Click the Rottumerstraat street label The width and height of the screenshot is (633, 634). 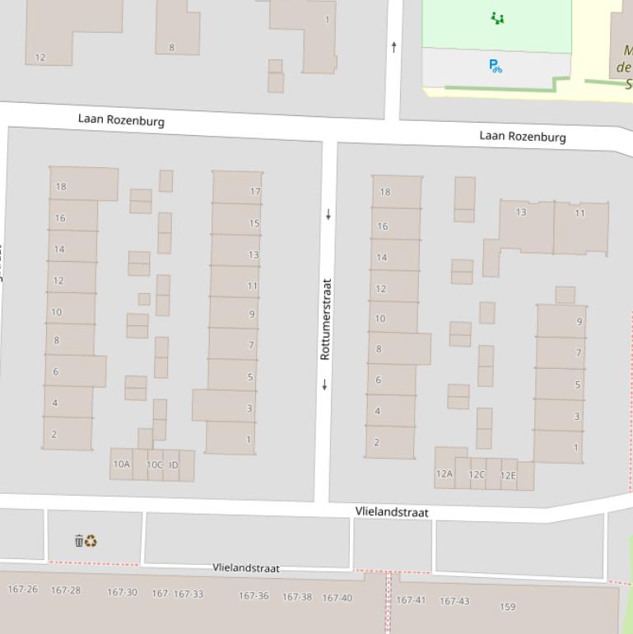pyautogui.click(x=326, y=319)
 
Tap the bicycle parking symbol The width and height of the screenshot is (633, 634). pyautogui.click(x=496, y=66)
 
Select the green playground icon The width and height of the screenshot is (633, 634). pyautogui.click(x=497, y=18)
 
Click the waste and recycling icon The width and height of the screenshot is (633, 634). pyautogui.click(x=86, y=541)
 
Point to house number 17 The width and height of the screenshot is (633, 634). pyautogui.click(x=255, y=192)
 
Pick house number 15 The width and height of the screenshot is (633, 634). pyautogui.click(x=254, y=223)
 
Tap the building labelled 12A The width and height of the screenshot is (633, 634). pyautogui.click(x=444, y=473)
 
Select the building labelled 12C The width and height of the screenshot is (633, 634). pyautogui.click(x=477, y=474)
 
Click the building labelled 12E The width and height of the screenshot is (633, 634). pyautogui.click(x=508, y=475)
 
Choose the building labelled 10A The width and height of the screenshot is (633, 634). pyautogui.click(x=121, y=464)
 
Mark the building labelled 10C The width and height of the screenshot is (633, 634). pyautogui.click(x=155, y=465)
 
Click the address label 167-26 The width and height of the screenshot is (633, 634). pyautogui.click(x=22, y=590)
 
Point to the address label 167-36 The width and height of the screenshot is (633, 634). pyautogui.click(x=254, y=596)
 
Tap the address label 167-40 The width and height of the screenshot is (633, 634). pyautogui.click(x=337, y=599)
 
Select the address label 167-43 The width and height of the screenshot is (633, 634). pyautogui.click(x=454, y=602)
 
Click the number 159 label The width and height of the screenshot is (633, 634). pyautogui.click(x=507, y=607)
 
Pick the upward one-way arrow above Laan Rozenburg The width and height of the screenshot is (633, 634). pyautogui.click(x=393, y=47)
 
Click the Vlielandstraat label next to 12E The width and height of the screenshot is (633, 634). pyautogui.click(x=392, y=512)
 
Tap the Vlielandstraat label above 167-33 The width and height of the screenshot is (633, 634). pyautogui.click(x=246, y=568)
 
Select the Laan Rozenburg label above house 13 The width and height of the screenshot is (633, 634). pyautogui.click(x=523, y=137)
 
